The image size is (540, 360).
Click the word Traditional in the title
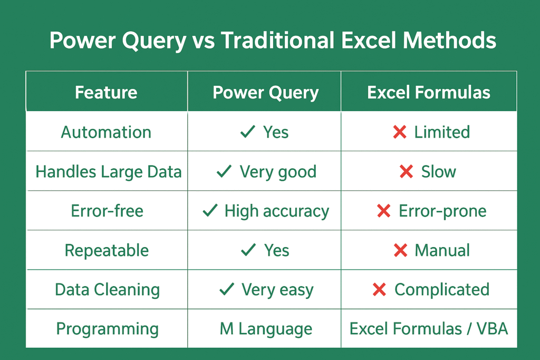pyautogui.click(x=277, y=40)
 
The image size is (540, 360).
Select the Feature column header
pyautogui.click(x=106, y=92)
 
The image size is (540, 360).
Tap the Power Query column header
pyautogui.click(x=266, y=93)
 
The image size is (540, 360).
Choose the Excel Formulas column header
pyautogui.click(x=429, y=92)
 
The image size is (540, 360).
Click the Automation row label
pyautogui.click(x=106, y=132)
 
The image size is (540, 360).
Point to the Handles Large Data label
pyautogui.click(x=109, y=172)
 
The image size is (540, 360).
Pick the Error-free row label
pyautogui.click(x=107, y=211)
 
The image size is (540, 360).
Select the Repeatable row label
pyautogui.click(x=107, y=250)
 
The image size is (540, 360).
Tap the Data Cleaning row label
pyautogui.click(x=108, y=290)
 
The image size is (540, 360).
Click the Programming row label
pyautogui.click(x=108, y=329)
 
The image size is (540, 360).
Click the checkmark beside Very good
pyautogui.click(x=224, y=171)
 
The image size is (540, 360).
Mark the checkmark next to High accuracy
pyautogui.click(x=210, y=210)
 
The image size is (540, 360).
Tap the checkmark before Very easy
pyautogui.click(x=227, y=289)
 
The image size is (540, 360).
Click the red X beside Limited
pyautogui.click(x=400, y=132)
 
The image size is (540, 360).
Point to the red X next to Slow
pyautogui.click(x=407, y=171)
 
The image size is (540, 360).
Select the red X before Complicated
pyautogui.click(x=379, y=289)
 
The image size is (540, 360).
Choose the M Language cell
pyautogui.click(x=266, y=329)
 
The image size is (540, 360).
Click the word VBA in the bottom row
pyautogui.click(x=492, y=329)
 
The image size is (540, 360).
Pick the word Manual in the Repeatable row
pyautogui.click(x=442, y=250)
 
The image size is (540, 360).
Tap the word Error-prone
pyautogui.click(x=442, y=211)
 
